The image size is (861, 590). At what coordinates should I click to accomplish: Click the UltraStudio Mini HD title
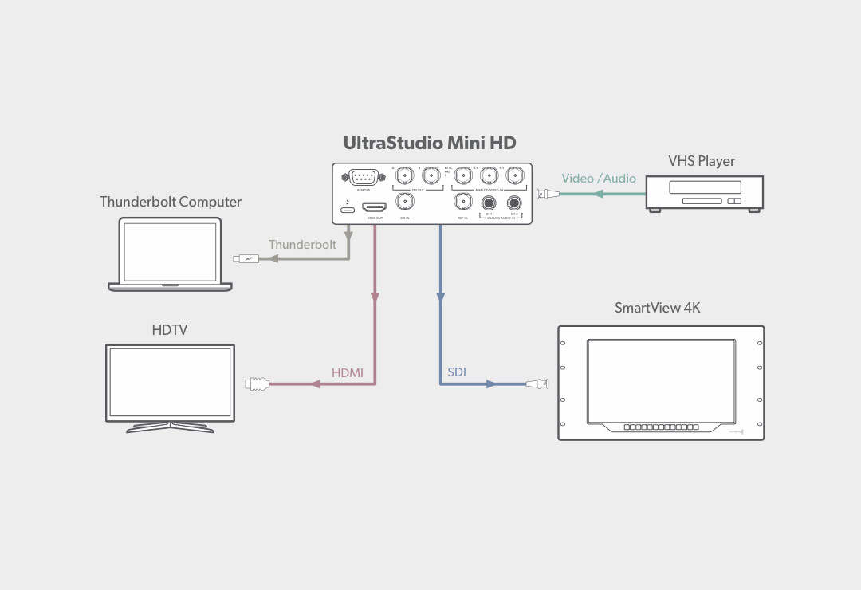click(430, 144)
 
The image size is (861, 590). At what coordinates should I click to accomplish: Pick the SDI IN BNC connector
click(405, 203)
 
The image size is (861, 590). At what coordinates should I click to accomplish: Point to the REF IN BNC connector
click(462, 203)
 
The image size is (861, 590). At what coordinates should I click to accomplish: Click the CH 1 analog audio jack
click(486, 203)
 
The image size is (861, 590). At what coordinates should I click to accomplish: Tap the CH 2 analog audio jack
click(514, 203)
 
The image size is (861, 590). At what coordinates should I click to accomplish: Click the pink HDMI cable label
click(347, 372)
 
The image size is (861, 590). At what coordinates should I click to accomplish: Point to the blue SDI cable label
click(457, 372)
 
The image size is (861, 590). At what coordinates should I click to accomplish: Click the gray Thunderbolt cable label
click(302, 245)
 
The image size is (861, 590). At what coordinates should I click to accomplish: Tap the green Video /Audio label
click(599, 179)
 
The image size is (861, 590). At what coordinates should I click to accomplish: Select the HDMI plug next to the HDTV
click(257, 384)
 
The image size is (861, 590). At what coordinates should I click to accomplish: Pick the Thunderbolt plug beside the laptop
click(246, 258)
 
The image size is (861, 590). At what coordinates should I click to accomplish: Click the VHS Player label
click(702, 161)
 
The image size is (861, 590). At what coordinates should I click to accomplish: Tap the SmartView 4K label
click(657, 308)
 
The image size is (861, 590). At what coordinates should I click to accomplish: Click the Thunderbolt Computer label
click(171, 202)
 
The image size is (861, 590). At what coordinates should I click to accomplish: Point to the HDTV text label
click(170, 329)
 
